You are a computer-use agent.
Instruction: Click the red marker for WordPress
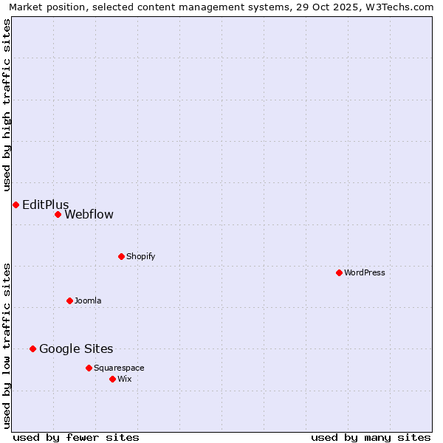click(x=339, y=272)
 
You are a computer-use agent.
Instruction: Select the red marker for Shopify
click(x=121, y=256)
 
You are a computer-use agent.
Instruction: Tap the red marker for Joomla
click(x=69, y=301)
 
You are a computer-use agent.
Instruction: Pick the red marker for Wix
click(x=112, y=379)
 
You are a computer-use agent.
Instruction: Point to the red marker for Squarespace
click(x=89, y=368)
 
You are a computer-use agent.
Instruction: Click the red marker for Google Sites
click(x=32, y=348)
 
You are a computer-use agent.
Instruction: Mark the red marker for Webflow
click(x=58, y=214)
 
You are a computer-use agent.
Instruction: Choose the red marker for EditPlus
click(x=16, y=205)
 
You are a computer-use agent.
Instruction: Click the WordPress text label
click(x=365, y=272)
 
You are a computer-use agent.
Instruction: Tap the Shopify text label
click(x=140, y=256)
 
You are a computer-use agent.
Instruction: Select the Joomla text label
click(x=88, y=301)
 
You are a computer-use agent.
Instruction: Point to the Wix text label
click(x=124, y=379)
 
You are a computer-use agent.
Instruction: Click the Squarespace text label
click(x=119, y=368)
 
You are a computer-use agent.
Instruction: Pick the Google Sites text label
click(x=76, y=348)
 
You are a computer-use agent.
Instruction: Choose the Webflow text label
click(x=89, y=214)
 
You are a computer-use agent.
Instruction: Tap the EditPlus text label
click(x=46, y=205)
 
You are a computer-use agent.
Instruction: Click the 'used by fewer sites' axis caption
click(x=76, y=437)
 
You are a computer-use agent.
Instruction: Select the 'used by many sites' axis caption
click(x=371, y=437)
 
